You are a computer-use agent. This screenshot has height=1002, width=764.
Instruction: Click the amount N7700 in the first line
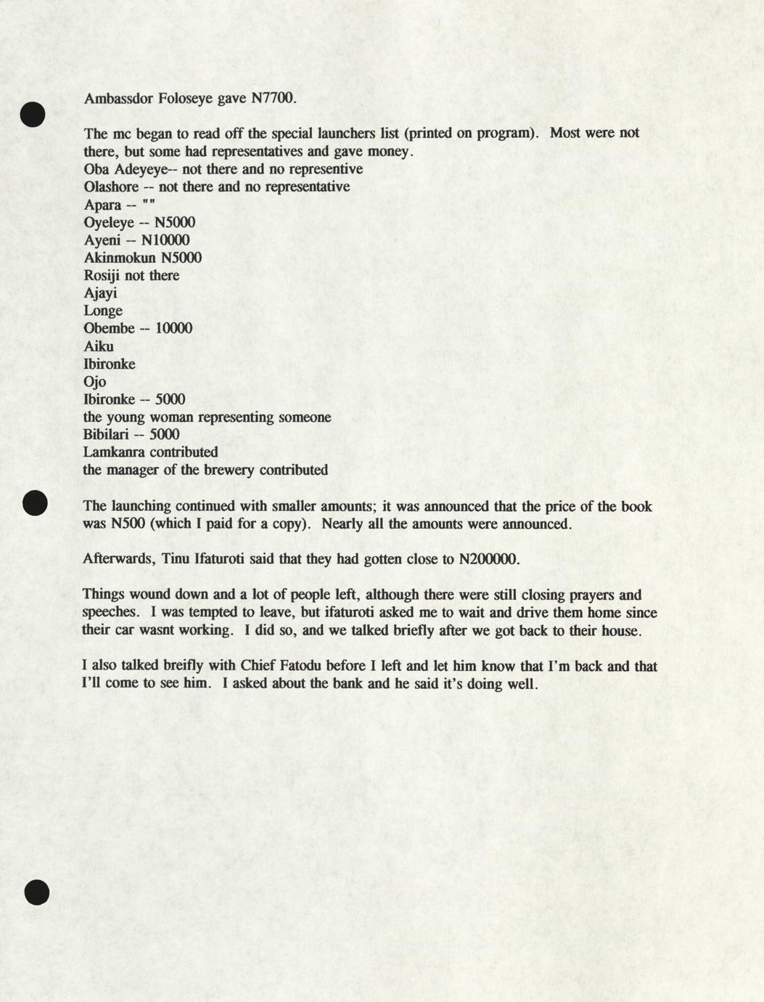coord(273,98)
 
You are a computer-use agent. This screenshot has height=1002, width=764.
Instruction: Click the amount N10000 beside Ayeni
coord(165,240)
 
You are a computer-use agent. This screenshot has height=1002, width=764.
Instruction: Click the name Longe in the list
coord(103,311)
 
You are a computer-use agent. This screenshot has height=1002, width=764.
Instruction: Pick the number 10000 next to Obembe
coord(173,328)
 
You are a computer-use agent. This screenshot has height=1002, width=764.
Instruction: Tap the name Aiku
coord(99,346)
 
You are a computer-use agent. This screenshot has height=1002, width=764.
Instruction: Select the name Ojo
coord(94,382)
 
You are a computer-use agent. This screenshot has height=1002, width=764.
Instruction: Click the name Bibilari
coord(106,434)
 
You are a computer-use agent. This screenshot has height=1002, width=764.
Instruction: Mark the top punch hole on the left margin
coord(33,114)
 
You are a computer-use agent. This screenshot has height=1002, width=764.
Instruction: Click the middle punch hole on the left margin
coord(35,502)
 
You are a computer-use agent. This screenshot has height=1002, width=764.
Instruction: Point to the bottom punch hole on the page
coord(36,892)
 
